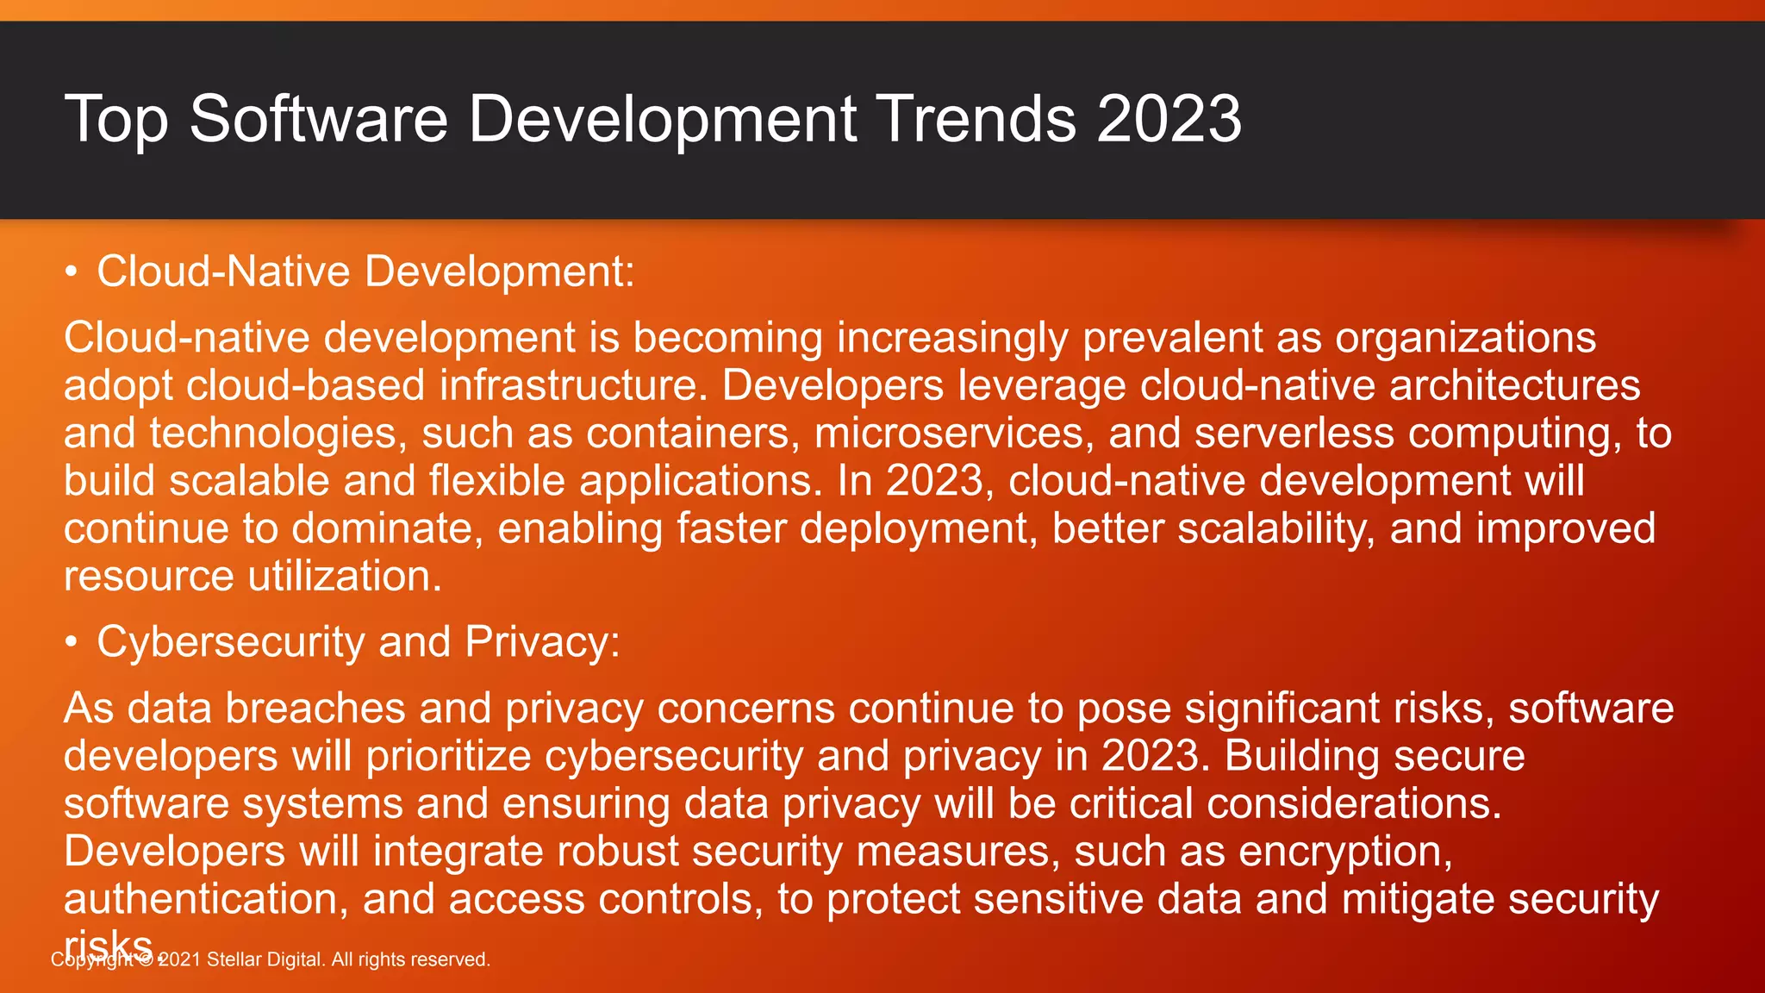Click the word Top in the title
click(115, 119)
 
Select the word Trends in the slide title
click(976, 119)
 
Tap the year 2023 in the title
click(1169, 119)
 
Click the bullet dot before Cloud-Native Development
click(72, 272)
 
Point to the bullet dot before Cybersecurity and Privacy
click(72, 643)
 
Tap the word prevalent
click(1172, 337)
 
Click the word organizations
click(1465, 337)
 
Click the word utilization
click(345, 576)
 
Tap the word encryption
click(1345, 852)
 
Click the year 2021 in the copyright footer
click(178, 959)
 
